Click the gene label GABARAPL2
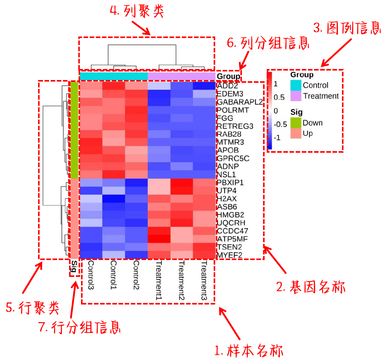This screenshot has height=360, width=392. pos(240,102)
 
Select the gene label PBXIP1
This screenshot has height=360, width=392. pos(230,183)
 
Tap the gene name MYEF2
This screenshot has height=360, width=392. pos(230,255)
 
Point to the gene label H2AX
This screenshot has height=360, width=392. pos(227,199)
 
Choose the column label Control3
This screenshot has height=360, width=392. pos(91,275)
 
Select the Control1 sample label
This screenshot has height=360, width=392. pos(114,275)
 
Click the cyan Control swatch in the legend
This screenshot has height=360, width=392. pos(296,85)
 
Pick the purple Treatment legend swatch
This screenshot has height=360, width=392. pos(296,96)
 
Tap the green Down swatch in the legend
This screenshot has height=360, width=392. pos(296,123)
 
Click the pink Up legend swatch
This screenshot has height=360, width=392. pos(296,133)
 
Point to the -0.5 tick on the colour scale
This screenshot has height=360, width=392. pos(280,124)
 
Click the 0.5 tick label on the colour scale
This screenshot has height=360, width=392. pos(279,98)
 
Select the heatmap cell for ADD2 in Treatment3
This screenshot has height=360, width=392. pos(204,86)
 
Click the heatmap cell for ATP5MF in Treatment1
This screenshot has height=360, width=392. pos(159,239)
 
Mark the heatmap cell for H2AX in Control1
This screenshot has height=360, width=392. pos(114,199)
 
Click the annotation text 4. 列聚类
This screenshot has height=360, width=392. pos(137,12)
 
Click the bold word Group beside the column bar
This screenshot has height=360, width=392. pos(228,76)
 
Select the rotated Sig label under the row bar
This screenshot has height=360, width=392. pos(74,266)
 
